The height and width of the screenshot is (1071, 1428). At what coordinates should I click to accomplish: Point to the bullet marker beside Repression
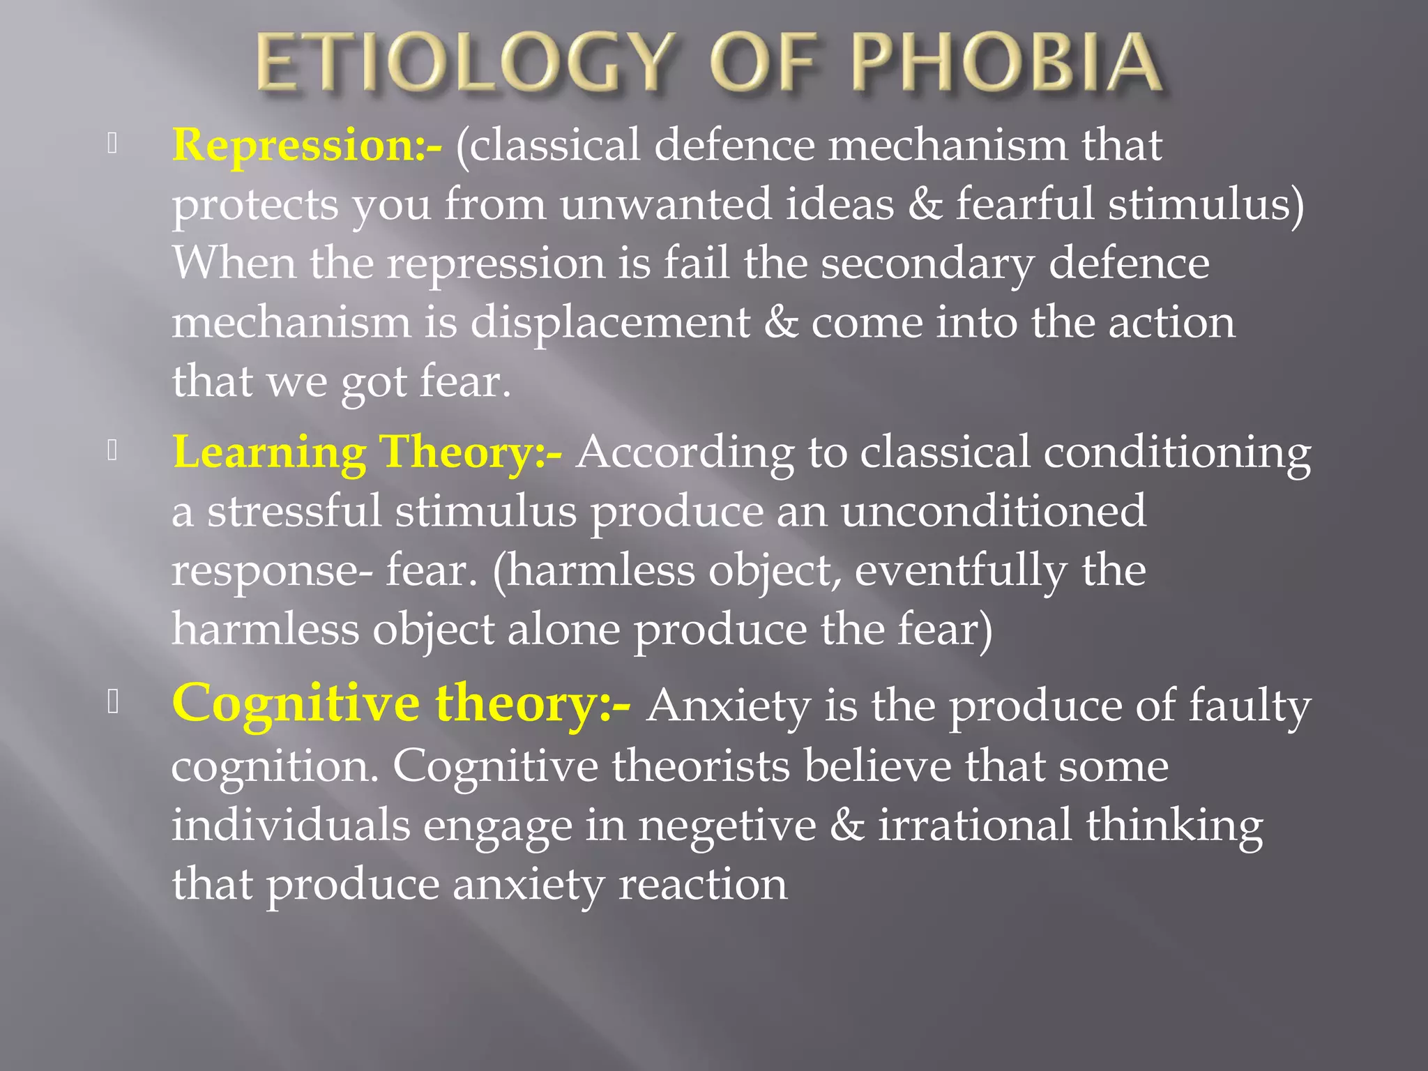(x=112, y=143)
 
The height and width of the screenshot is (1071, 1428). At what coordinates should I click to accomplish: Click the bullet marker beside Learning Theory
(x=112, y=451)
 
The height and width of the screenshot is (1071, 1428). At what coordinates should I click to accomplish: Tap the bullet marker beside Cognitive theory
(x=112, y=702)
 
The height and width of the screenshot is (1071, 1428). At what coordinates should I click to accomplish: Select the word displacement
(x=610, y=323)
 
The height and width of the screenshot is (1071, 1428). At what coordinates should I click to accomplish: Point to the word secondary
(x=927, y=265)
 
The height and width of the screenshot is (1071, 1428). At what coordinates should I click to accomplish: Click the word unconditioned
(x=993, y=511)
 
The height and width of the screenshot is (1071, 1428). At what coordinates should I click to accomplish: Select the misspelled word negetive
(x=727, y=826)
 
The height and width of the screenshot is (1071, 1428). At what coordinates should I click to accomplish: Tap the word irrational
(x=974, y=824)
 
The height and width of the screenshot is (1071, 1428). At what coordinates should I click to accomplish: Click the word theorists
(x=701, y=766)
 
